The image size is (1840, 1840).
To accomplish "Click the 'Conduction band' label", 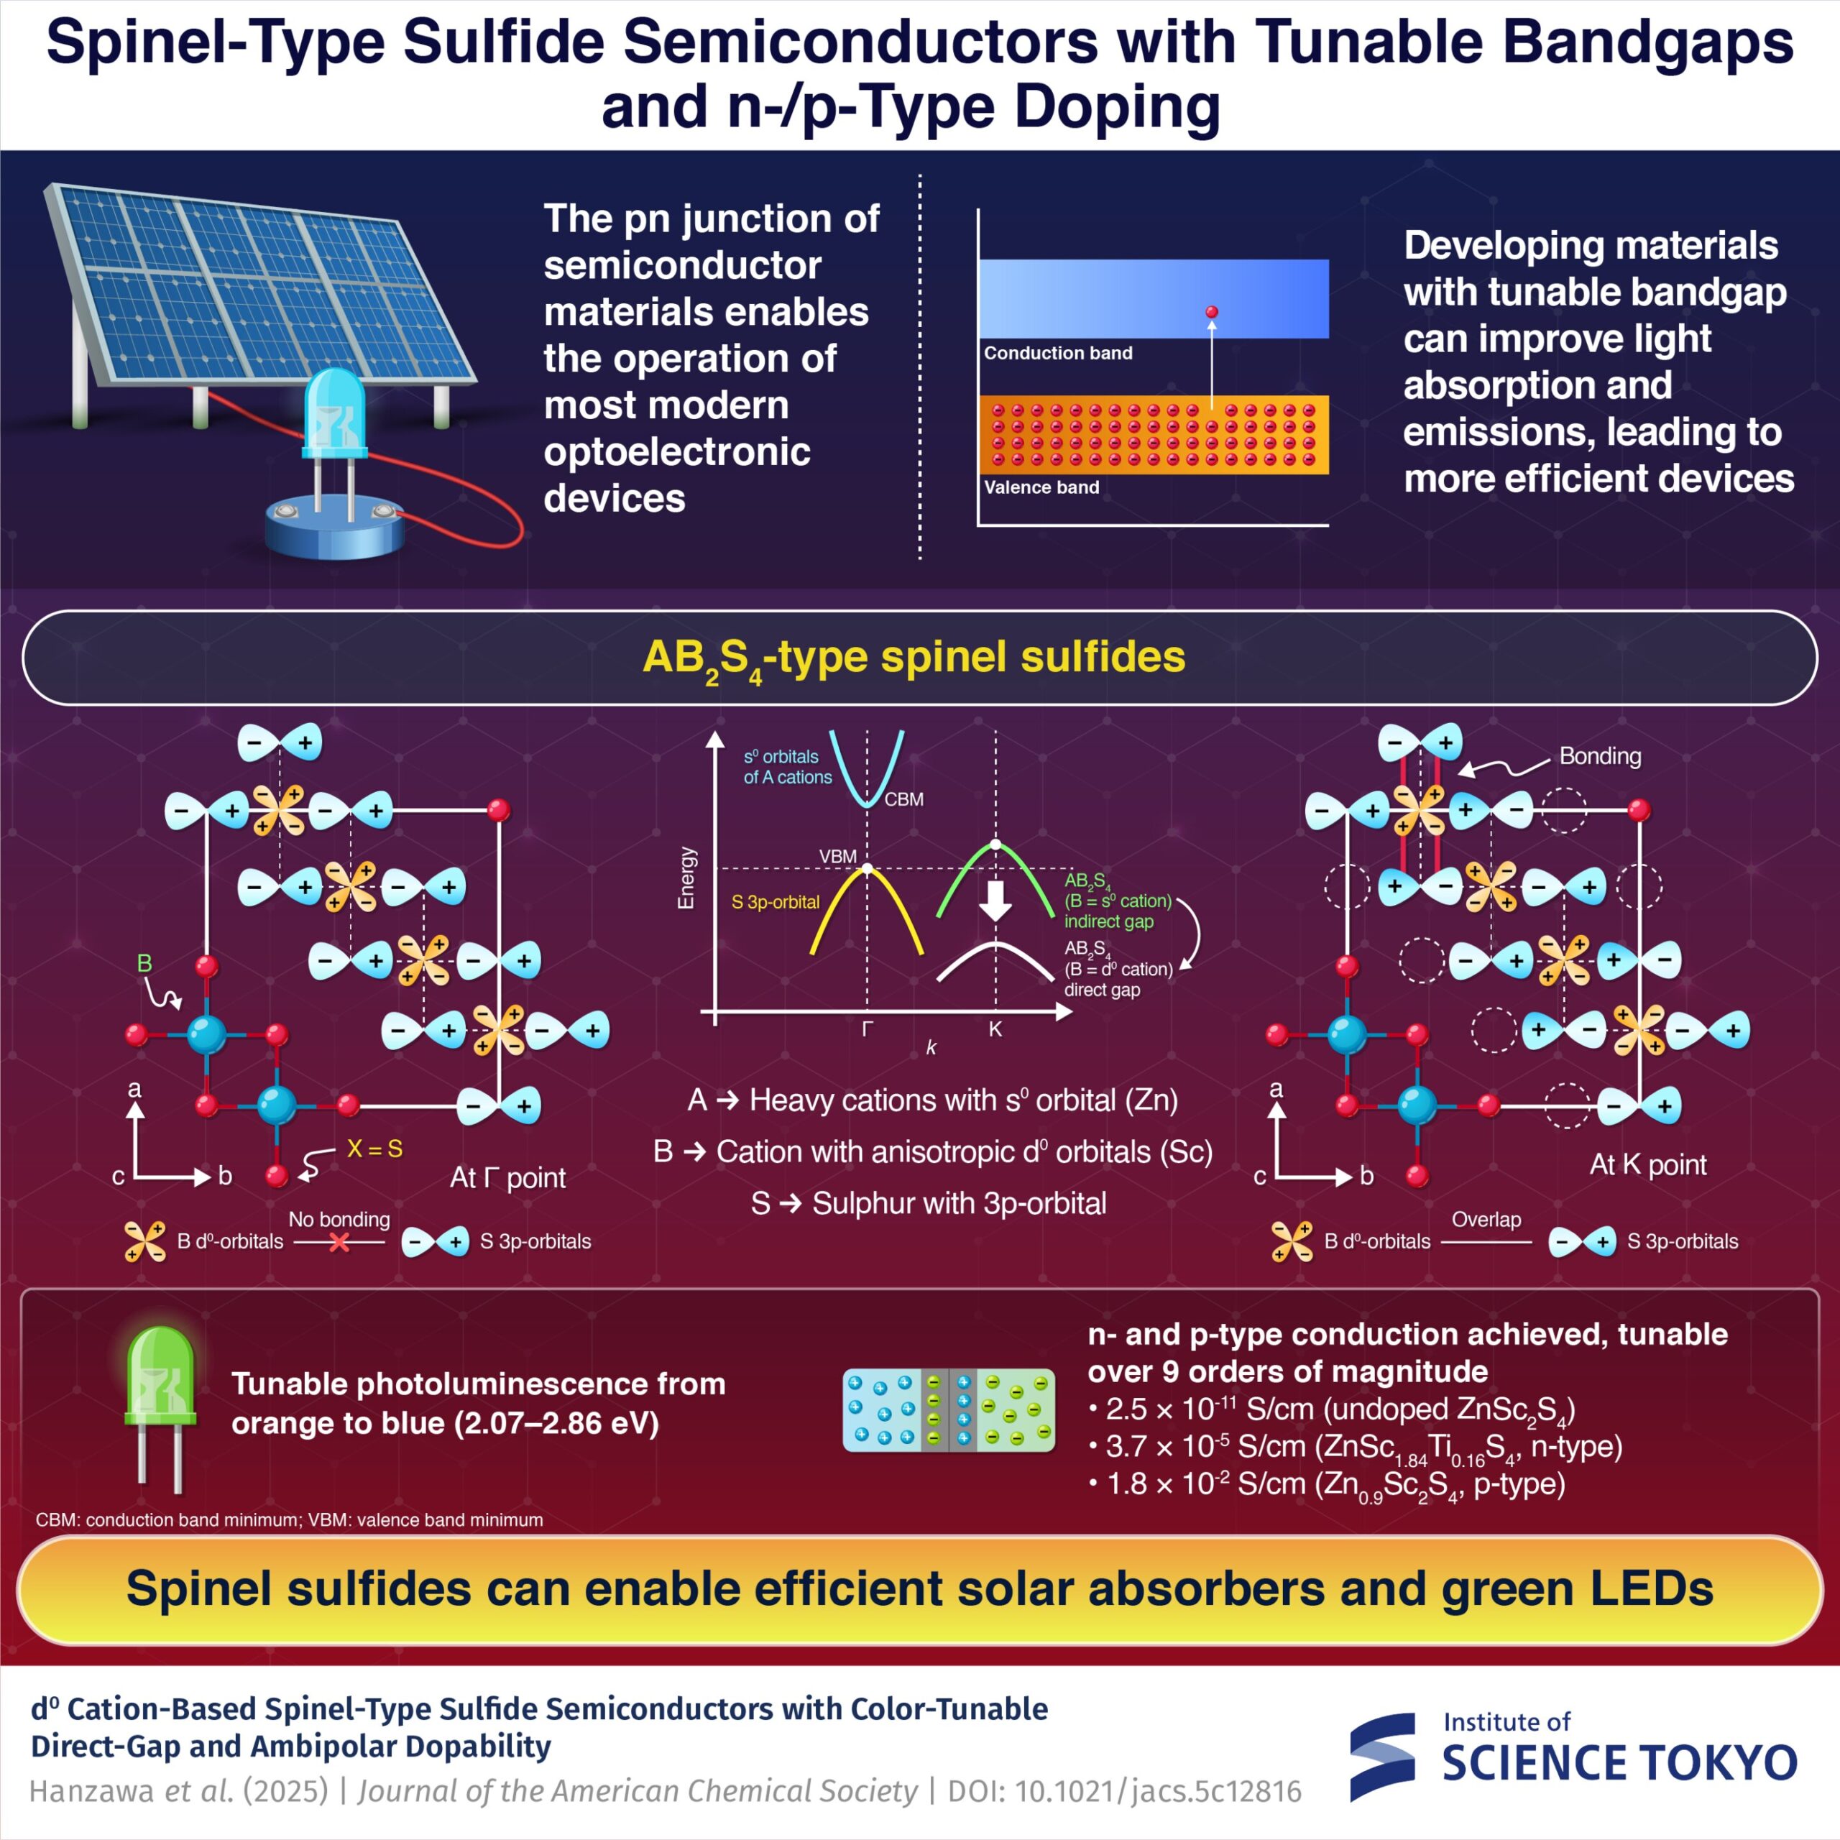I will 1058,354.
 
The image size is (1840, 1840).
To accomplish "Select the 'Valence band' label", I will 1041,487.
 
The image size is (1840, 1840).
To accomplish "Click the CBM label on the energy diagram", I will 903,800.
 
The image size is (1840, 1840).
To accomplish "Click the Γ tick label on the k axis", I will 868,1029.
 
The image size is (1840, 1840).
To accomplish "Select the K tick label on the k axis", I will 995,1029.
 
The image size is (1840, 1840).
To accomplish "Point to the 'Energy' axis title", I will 686,878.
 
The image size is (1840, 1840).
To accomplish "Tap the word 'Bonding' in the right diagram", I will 1600,756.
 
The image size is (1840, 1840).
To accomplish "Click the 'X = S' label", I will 374,1149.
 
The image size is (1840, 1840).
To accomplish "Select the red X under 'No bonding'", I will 339,1243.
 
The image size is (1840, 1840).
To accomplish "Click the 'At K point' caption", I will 1647,1165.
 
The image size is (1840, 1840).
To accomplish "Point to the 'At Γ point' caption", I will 507,1178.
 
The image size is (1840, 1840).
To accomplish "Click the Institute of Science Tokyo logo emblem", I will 1383,1758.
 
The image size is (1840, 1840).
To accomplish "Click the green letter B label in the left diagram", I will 144,963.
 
